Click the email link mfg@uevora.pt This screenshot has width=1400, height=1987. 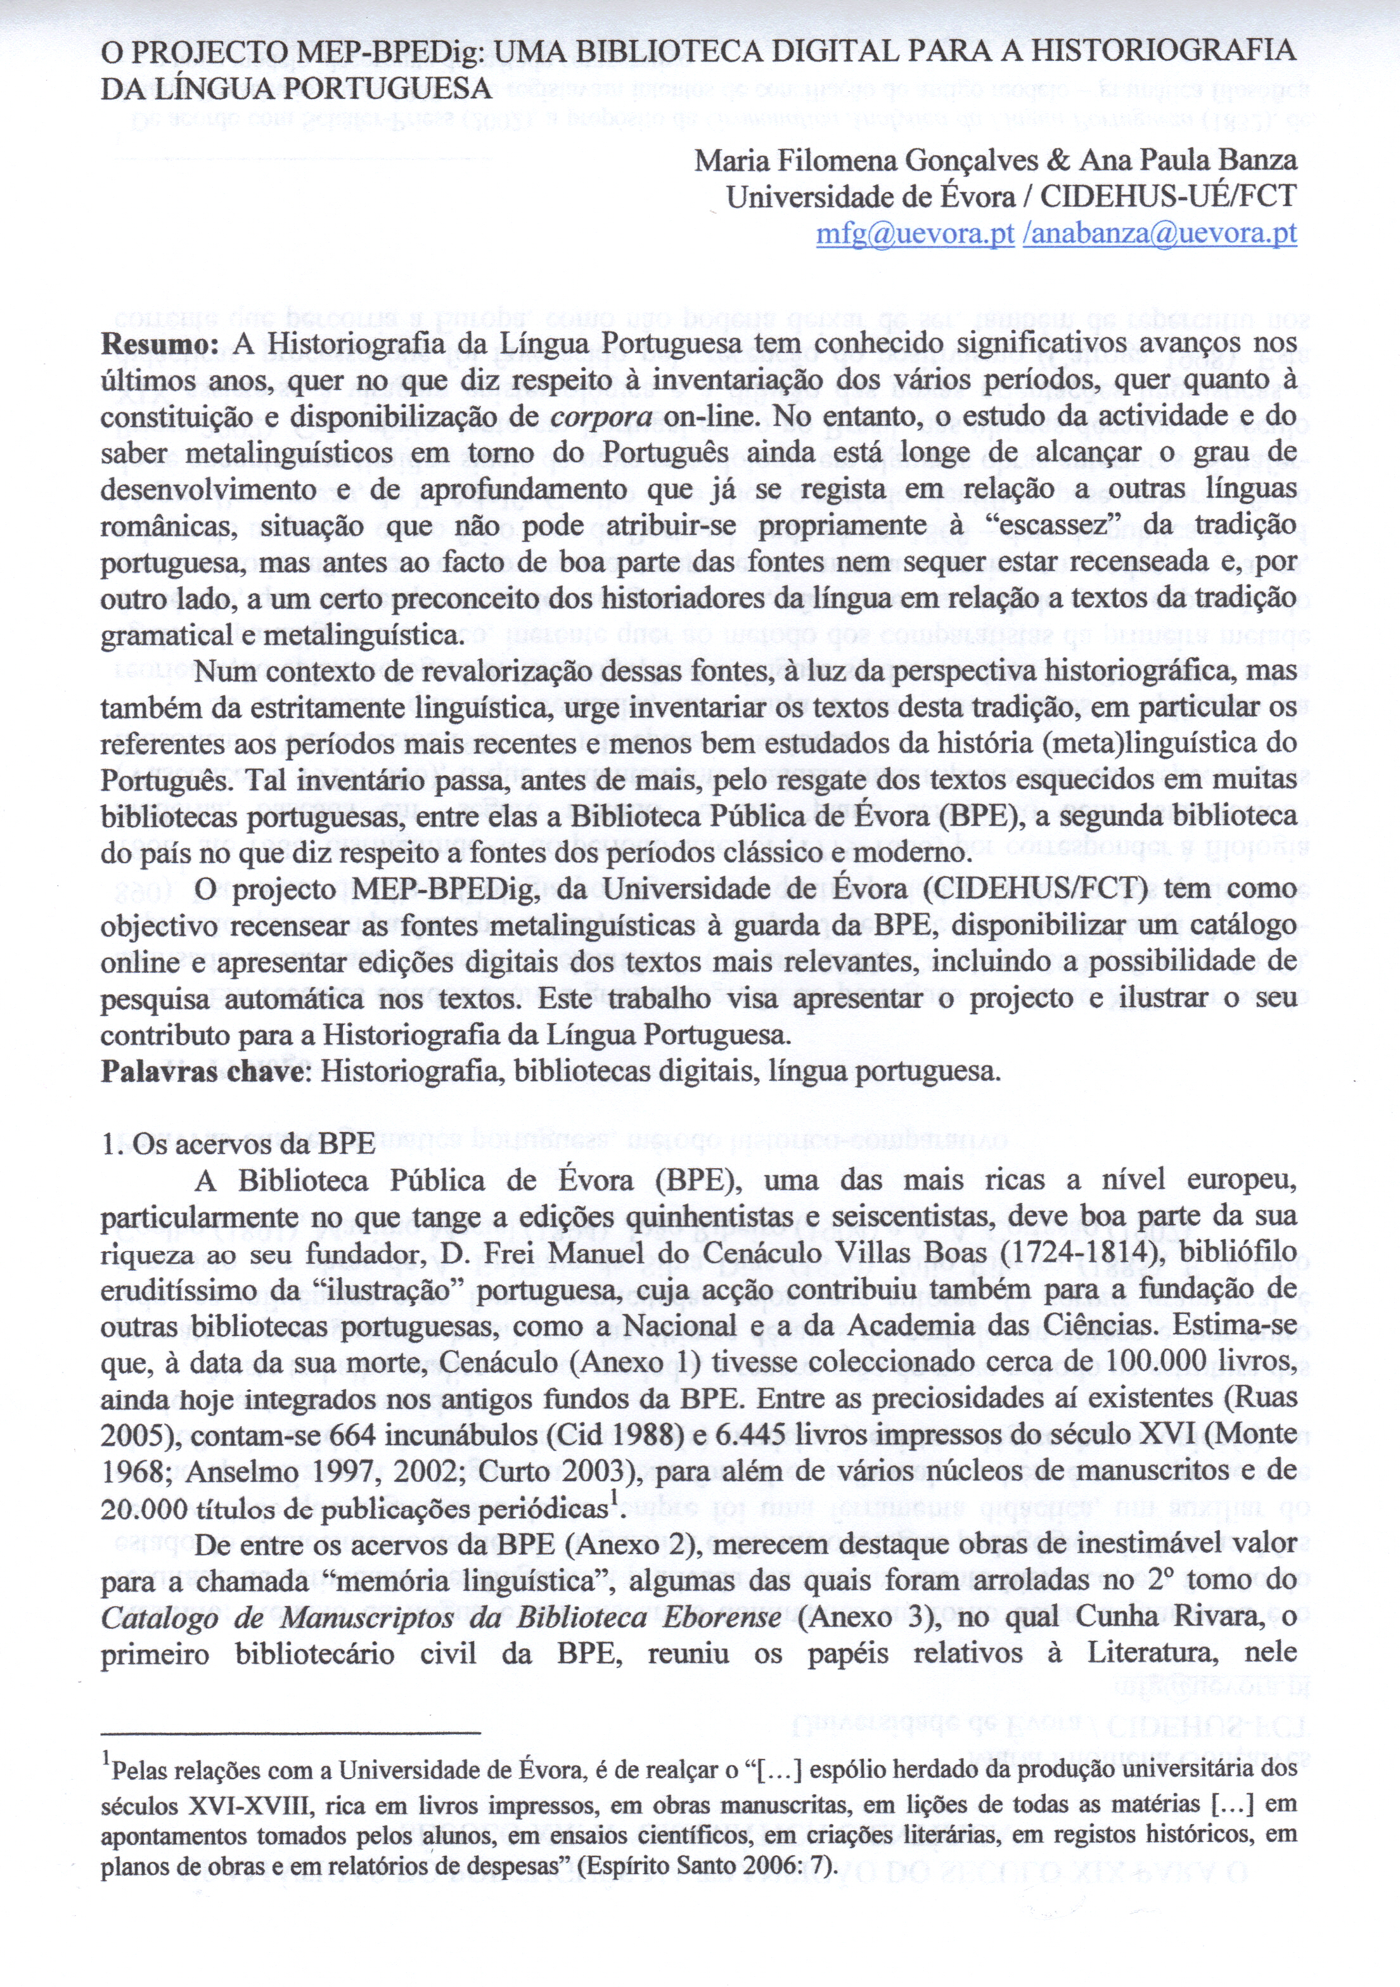915,235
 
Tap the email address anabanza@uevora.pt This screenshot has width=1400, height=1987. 1159,235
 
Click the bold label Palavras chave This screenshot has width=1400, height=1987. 203,1072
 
